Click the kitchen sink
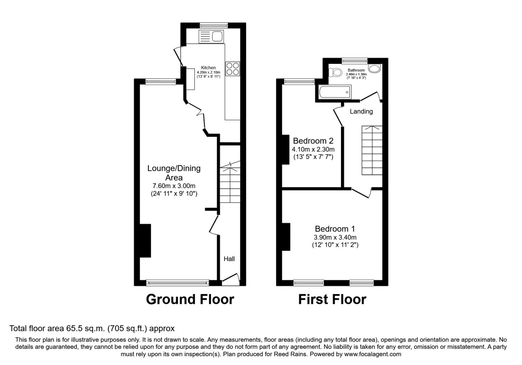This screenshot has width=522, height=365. click(211, 36)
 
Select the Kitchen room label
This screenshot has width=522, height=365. click(208, 68)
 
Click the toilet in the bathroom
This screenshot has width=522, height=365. click(334, 74)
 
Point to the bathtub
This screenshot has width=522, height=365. click(334, 92)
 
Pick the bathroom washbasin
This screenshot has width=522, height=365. click(374, 69)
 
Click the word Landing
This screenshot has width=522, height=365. click(361, 112)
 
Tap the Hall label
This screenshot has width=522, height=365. click(229, 259)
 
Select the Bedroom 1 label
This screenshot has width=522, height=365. click(332, 229)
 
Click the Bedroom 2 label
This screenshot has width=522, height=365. click(313, 141)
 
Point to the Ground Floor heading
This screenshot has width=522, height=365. click(190, 299)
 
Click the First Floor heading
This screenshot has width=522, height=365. click(332, 299)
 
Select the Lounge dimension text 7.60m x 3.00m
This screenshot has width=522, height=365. click(174, 186)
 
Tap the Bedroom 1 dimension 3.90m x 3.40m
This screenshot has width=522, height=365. click(332, 237)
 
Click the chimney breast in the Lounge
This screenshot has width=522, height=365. click(145, 241)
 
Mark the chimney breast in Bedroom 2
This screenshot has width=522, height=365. click(286, 149)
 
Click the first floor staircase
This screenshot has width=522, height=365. click(372, 150)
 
